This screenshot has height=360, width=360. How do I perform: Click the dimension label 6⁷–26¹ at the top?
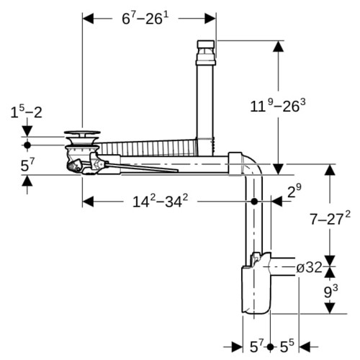click(145, 18)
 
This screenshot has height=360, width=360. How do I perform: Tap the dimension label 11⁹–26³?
click(278, 106)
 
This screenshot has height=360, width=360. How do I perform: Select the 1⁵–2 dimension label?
click(26, 112)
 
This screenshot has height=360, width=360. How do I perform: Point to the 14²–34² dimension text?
click(160, 201)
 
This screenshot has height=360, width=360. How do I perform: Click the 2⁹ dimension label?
click(294, 191)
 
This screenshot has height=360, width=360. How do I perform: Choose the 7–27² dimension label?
click(330, 219)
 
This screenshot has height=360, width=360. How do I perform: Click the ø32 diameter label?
click(309, 267)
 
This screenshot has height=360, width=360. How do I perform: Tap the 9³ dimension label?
click(330, 292)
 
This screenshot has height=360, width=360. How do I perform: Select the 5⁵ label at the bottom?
click(287, 346)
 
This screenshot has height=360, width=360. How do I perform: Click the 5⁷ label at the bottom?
click(257, 346)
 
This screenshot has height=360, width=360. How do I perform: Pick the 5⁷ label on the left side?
click(27, 165)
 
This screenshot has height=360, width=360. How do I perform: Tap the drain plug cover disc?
click(82, 132)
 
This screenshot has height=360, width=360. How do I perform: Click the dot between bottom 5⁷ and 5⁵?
click(270, 347)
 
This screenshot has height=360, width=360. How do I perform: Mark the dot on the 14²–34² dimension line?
click(254, 202)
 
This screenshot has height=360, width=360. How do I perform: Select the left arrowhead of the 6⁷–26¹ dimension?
click(88, 19)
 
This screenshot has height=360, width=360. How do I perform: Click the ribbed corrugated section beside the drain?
click(148, 148)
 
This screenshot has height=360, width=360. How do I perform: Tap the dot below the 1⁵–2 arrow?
click(27, 145)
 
